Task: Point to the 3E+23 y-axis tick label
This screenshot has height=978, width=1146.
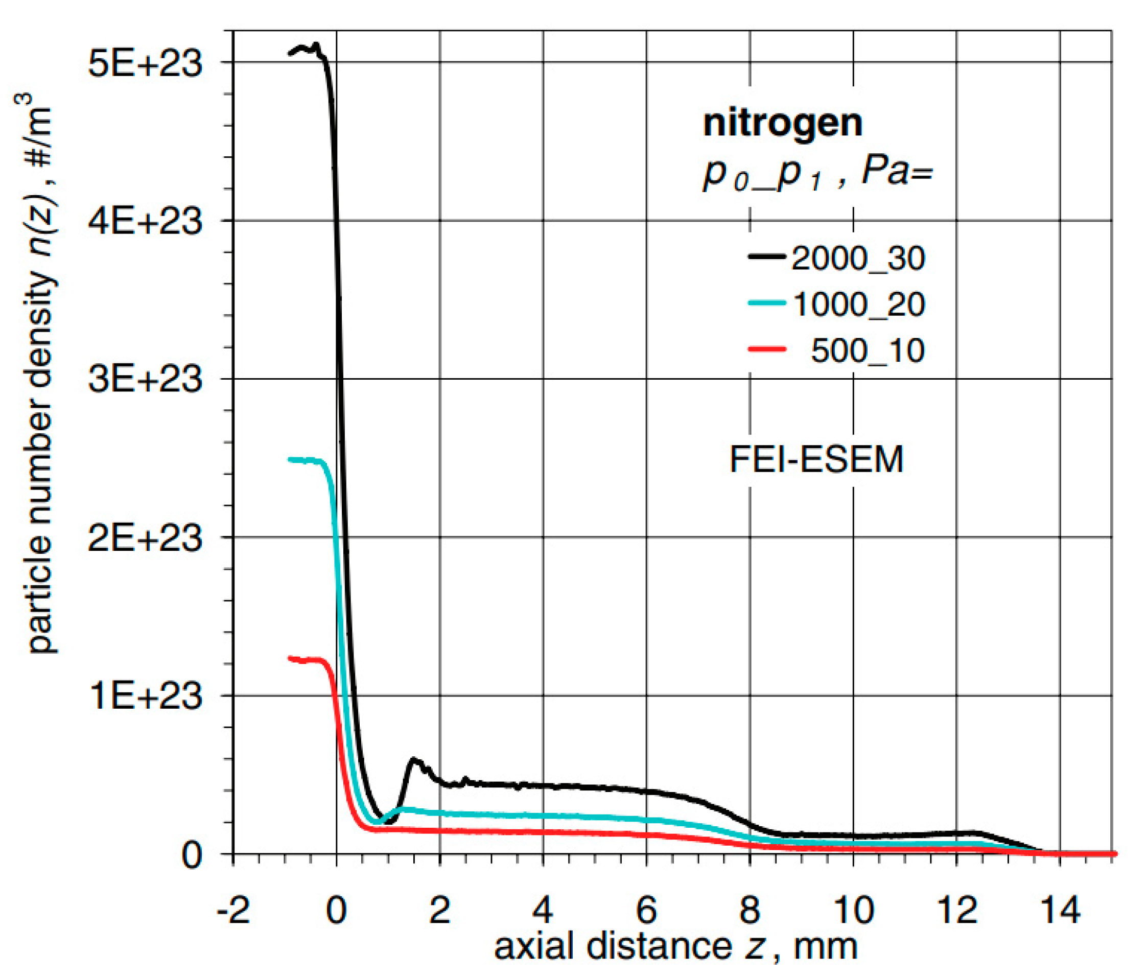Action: [145, 380]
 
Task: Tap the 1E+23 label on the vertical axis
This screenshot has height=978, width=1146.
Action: [145, 696]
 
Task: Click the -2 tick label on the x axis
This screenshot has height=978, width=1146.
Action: [233, 910]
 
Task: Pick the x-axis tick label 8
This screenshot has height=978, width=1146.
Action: [750, 910]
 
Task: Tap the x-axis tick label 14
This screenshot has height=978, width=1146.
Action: [1060, 910]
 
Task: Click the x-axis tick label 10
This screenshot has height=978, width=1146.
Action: [853, 910]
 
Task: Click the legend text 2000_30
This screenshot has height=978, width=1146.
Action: [858, 259]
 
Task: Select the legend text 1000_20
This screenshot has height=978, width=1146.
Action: [859, 304]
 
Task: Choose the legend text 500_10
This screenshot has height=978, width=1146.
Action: [867, 350]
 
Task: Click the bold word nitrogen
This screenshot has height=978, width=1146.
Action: [782, 123]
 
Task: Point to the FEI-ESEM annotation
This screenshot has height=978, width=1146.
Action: [816, 459]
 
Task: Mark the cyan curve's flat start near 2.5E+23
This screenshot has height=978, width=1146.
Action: [304, 460]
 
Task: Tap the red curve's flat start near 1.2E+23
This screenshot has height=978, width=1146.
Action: [304, 659]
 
